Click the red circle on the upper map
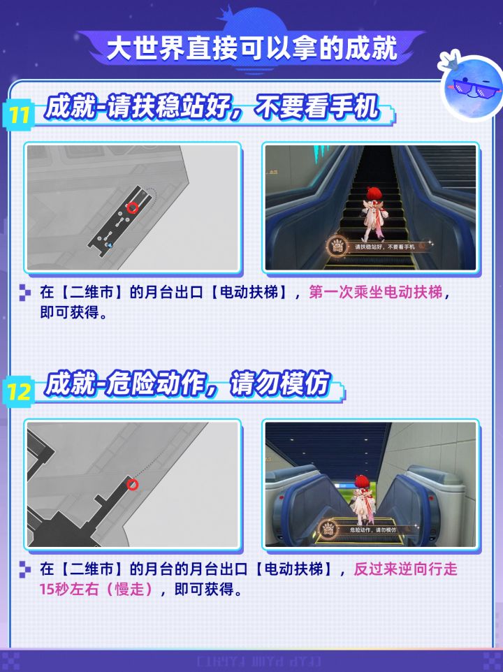(x=132, y=207)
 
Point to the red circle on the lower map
(x=133, y=484)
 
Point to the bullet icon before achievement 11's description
(x=26, y=293)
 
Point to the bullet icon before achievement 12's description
(x=26, y=570)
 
